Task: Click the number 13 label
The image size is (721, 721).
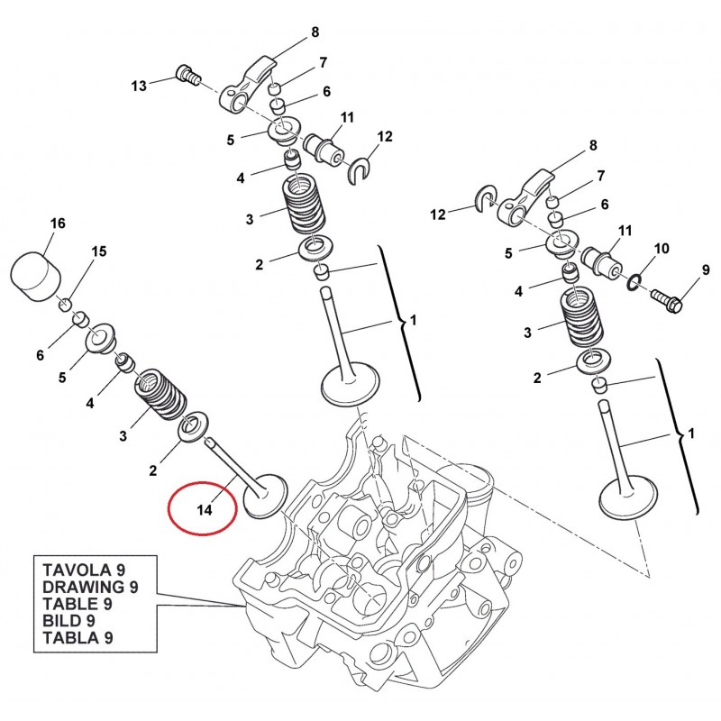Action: click(x=138, y=86)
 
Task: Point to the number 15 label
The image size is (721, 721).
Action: click(x=98, y=251)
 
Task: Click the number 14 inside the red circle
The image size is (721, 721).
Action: click(x=204, y=510)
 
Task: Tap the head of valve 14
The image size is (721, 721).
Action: click(x=263, y=497)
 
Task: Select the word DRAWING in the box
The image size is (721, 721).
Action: click(x=79, y=587)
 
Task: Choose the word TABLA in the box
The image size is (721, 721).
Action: click(x=68, y=638)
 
